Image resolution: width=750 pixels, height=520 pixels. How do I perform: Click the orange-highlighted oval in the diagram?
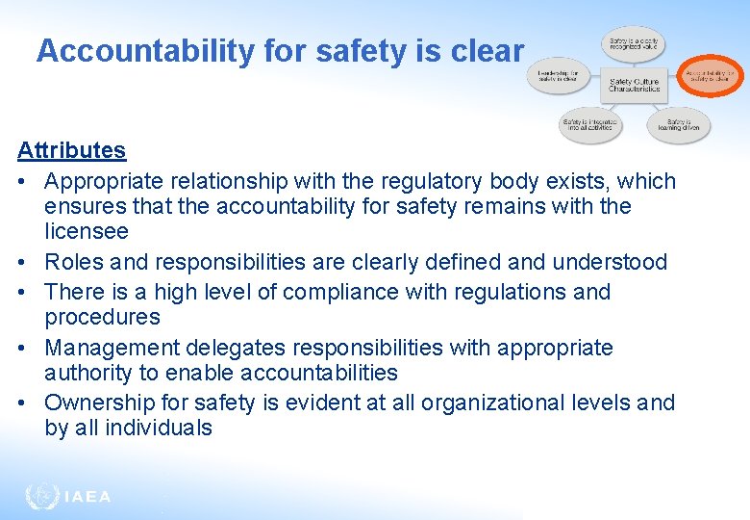coord(711,76)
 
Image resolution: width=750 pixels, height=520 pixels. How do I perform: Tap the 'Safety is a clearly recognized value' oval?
coord(634,42)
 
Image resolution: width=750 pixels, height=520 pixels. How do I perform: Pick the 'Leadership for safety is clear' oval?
coord(558,76)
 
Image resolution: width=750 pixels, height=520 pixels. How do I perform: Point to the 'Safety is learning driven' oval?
coord(678,125)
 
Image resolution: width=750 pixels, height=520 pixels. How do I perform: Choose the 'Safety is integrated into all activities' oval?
coord(590,125)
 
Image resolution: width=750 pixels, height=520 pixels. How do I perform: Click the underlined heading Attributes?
coord(71,150)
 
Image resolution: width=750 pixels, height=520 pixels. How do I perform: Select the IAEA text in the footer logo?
coord(87,497)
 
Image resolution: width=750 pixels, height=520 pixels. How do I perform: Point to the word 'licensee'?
coord(87,231)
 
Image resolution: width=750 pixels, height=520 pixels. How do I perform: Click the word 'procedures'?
coord(102,317)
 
